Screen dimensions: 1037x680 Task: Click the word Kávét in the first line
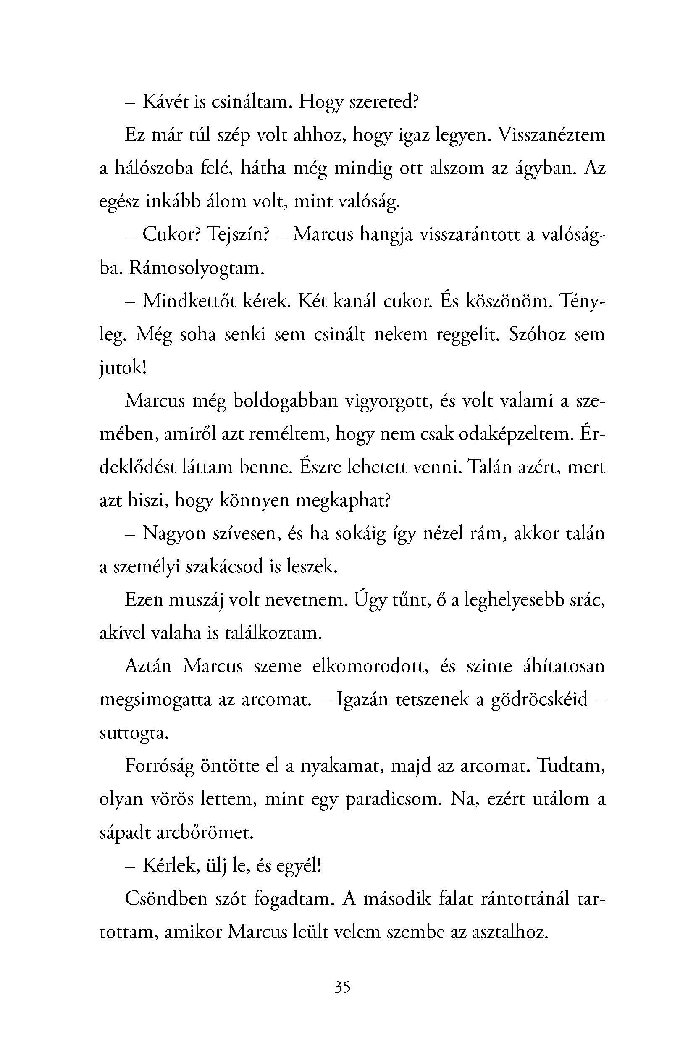pyautogui.click(x=165, y=102)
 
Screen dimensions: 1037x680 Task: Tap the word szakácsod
pyautogui.click(x=224, y=567)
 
